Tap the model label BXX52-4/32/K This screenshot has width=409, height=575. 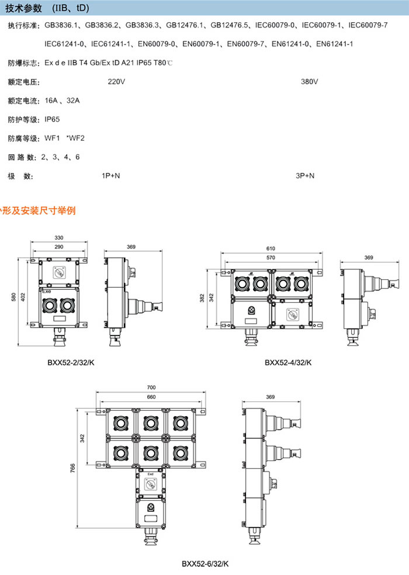click(288, 362)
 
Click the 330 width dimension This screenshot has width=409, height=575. click(59, 238)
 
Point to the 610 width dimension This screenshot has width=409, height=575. click(271, 248)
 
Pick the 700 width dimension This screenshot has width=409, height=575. click(151, 387)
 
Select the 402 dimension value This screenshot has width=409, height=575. click(23, 297)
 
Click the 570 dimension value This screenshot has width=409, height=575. click(271, 258)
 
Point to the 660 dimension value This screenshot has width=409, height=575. click(151, 397)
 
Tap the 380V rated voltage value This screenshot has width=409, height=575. click(309, 82)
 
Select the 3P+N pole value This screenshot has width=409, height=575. click(305, 176)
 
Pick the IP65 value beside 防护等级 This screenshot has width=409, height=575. click(52, 119)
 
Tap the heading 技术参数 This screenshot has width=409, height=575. click(22, 8)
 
